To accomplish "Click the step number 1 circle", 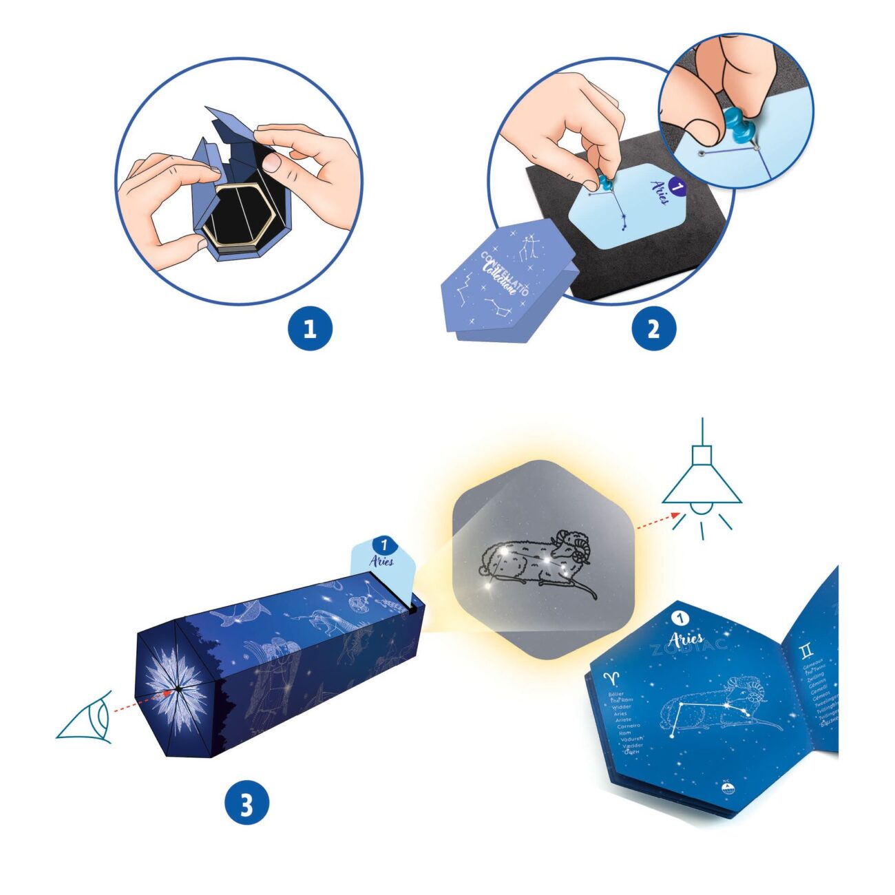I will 310,328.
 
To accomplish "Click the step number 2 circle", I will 653,328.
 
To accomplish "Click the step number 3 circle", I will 246,803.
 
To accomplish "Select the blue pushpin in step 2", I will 605,182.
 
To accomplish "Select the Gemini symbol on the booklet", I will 805,650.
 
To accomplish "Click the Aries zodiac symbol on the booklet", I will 611,678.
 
